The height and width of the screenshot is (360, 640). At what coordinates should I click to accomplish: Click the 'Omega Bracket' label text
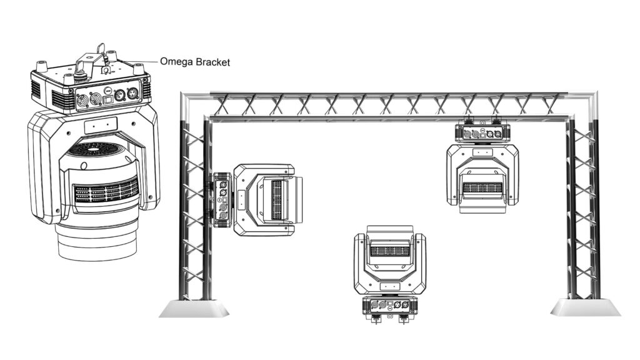tap(195, 62)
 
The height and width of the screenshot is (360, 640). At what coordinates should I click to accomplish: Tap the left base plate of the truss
tap(194, 308)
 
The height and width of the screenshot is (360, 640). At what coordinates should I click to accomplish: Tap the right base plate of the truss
tap(585, 307)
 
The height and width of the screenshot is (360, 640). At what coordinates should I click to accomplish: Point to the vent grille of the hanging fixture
tap(482, 188)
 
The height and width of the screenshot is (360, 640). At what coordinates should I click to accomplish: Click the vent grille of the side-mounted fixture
tap(277, 199)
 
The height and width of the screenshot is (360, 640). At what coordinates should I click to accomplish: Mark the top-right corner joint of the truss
tap(589, 100)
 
